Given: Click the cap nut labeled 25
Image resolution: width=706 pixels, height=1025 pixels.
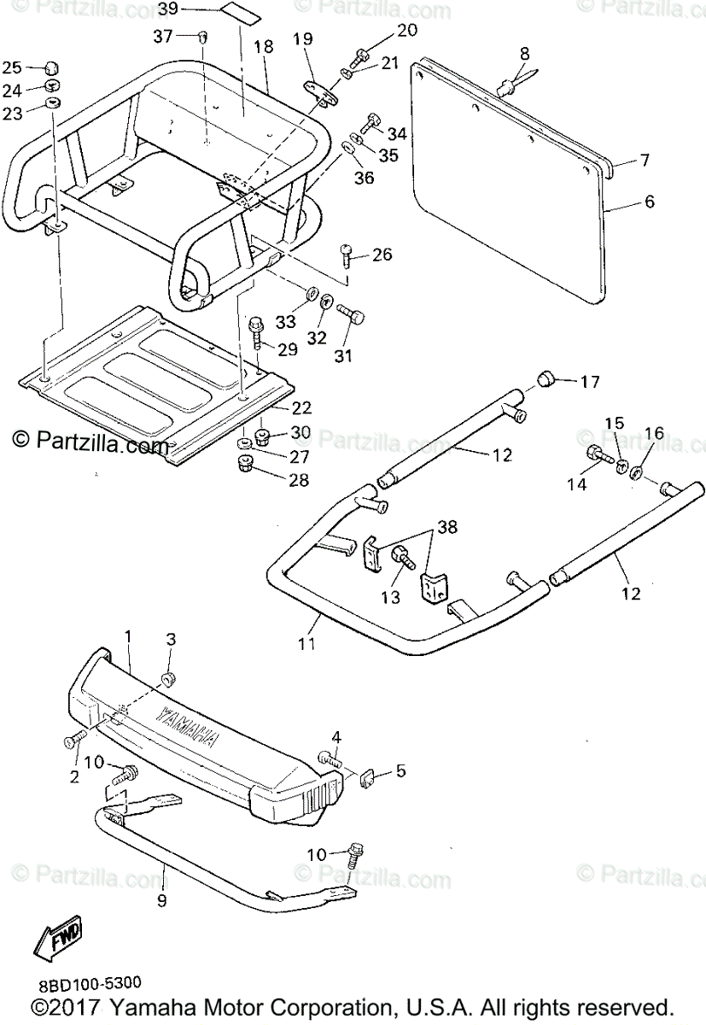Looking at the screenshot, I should click(51, 68).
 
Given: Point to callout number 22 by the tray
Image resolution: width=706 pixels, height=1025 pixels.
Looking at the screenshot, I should click(302, 408).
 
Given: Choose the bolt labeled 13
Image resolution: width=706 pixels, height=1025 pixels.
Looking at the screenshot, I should click(400, 556).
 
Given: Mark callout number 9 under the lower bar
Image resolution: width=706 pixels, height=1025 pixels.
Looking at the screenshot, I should click(161, 899).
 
